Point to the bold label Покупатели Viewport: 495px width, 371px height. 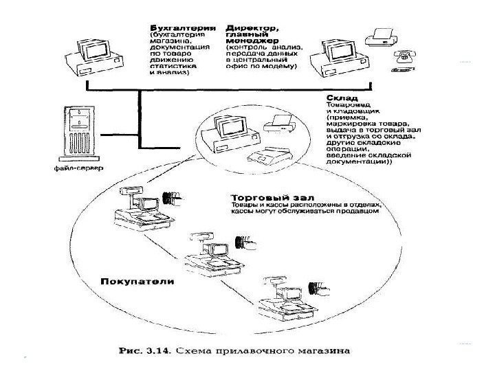137,282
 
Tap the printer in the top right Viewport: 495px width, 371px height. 382,36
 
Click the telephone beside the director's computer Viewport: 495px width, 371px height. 399,60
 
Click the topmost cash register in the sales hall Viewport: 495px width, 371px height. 141,209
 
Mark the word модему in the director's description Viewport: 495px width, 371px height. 278,68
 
